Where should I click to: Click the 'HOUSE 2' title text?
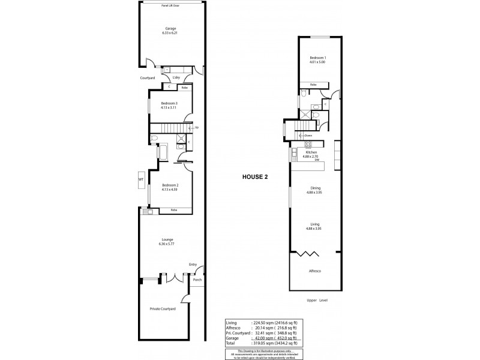coord(253,177)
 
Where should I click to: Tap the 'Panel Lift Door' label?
coord(171,5)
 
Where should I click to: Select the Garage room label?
coord(171,31)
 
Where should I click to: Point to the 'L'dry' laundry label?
coord(176,78)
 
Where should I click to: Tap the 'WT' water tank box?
coord(141,179)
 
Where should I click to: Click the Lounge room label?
coord(166,241)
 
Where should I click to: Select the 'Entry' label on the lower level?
coord(193,264)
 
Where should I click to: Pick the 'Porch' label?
coord(197,280)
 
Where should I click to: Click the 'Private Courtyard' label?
coord(163,309)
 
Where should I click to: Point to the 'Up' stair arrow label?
coord(196,128)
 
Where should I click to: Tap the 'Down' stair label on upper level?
coord(308,136)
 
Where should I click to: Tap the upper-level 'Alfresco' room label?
coord(315,272)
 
